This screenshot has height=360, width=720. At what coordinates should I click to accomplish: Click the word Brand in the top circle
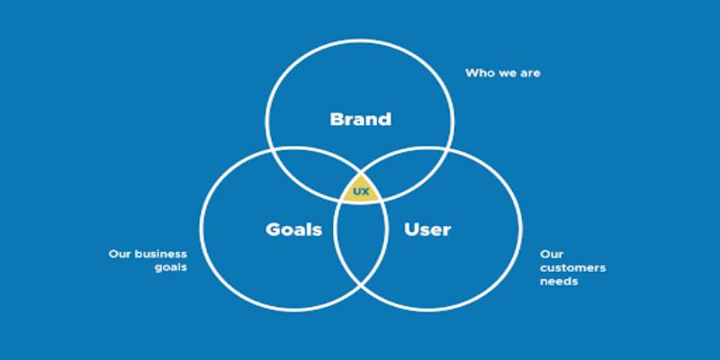[361, 120]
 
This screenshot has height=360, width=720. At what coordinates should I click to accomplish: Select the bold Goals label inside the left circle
[294, 229]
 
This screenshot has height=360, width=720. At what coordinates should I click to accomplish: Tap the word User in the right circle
[427, 229]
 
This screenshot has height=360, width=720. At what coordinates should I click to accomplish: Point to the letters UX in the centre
[361, 192]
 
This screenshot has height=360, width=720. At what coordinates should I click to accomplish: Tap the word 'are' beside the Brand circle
[530, 74]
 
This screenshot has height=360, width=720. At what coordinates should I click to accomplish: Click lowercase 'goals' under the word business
[171, 267]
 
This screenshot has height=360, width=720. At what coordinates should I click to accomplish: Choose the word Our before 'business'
[119, 254]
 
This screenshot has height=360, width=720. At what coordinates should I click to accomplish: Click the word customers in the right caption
[572, 267]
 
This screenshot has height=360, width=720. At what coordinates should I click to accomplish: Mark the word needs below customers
[559, 282]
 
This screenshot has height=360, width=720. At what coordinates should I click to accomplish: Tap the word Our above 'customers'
[552, 254]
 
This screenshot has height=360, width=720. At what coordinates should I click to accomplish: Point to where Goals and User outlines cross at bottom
[361, 285]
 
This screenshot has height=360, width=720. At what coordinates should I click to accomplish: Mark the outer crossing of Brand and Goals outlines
[274, 150]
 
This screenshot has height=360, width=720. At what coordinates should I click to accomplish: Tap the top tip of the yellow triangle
[361, 175]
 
